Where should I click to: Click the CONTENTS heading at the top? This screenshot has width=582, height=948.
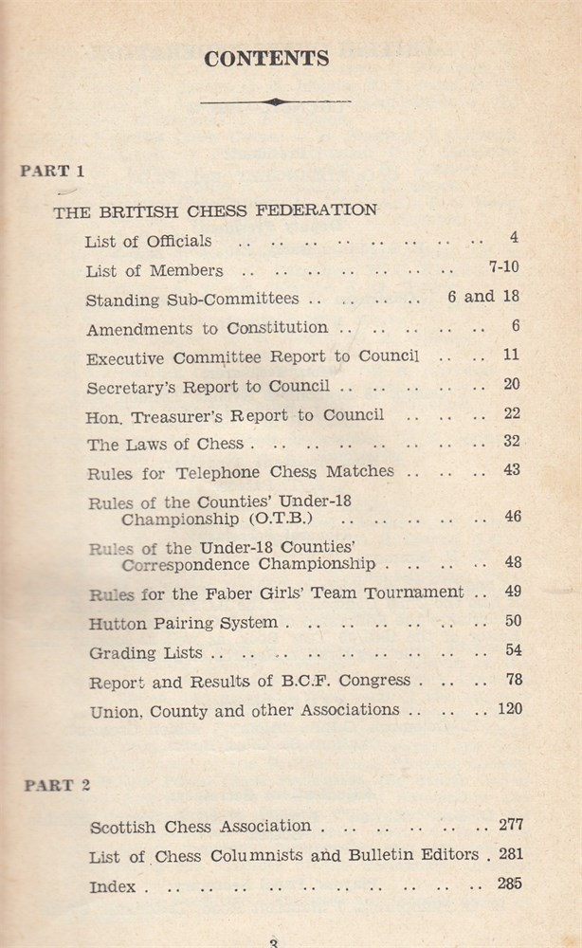[x=267, y=59]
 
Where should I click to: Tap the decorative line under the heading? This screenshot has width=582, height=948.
[x=275, y=101]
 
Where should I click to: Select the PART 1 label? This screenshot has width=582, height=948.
[x=53, y=172]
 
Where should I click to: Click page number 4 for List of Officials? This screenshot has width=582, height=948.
[x=513, y=238]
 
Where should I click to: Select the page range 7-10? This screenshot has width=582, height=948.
[x=503, y=267]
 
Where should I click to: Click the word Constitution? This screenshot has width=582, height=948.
[x=277, y=328]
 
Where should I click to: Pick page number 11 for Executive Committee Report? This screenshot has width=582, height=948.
[x=511, y=355]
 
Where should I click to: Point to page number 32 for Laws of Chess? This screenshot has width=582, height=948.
[x=511, y=442]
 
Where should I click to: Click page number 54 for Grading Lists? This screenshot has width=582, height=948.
[x=511, y=650]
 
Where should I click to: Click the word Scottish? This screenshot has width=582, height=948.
[x=124, y=827]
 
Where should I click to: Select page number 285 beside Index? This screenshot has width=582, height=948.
[x=509, y=884]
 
